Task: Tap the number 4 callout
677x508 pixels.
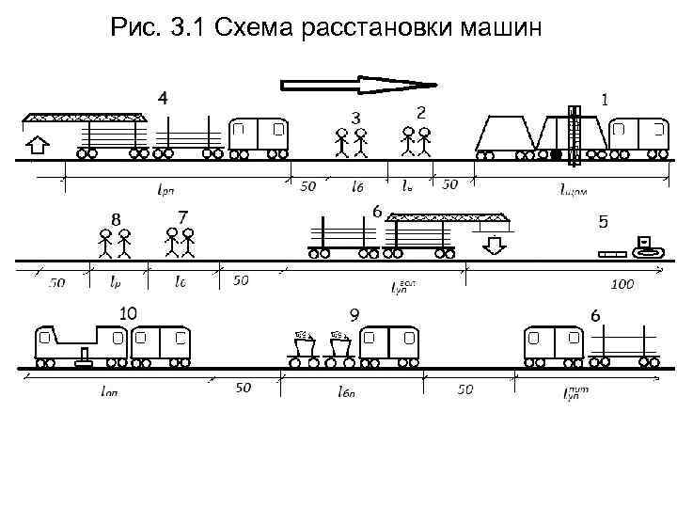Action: (x=164, y=98)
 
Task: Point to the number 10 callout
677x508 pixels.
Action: (x=127, y=312)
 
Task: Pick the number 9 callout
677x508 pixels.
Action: (x=354, y=314)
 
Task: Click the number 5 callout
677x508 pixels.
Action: (x=603, y=222)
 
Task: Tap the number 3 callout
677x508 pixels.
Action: (x=355, y=118)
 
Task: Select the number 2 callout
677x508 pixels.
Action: (x=421, y=112)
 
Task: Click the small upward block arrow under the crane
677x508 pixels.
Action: (x=37, y=146)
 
